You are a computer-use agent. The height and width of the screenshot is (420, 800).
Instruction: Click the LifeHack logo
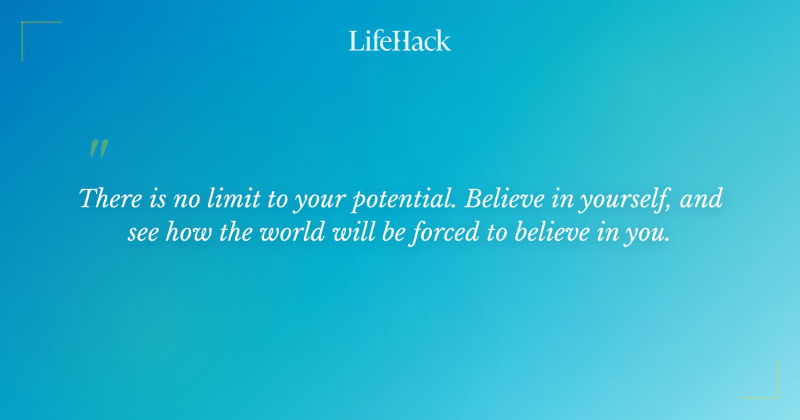pyautogui.click(x=399, y=41)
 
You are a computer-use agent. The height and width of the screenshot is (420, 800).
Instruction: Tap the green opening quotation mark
pyautogui.click(x=99, y=149)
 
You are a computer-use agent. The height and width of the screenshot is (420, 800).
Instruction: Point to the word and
pyautogui.click(x=701, y=199)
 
